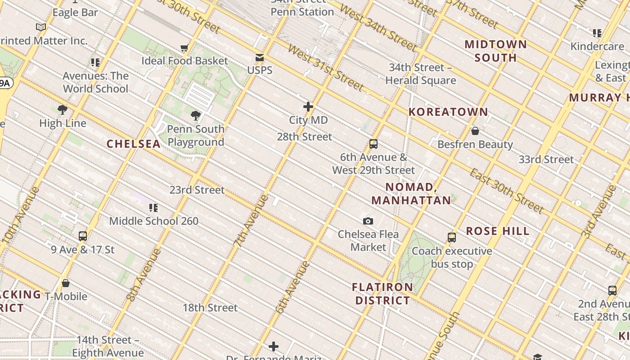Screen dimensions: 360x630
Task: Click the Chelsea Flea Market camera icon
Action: [x=368, y=221]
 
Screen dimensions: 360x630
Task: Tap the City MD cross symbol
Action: [x=308, y=107]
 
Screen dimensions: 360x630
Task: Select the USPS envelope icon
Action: [x=260, y=57]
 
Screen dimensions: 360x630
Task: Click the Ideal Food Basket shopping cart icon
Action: [x=184, y=48]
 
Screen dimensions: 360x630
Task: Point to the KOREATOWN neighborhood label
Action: [x=448, y=112]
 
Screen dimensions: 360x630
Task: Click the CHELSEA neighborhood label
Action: [x=134, y=144]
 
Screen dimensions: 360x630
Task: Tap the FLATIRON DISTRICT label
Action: [x=382, y=293]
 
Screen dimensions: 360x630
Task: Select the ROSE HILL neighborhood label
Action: [x=497, y=231]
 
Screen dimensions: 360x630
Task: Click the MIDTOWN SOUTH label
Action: [x=495, y=51]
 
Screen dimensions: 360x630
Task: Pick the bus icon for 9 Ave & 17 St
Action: [x=83, y=236]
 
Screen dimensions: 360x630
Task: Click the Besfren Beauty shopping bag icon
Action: [x=475, y=131]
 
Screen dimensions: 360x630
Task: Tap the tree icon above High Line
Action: [x=63, y=110]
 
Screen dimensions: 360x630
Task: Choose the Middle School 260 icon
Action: [x=153, y=208]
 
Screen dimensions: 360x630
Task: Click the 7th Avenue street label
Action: [x=251, y=220]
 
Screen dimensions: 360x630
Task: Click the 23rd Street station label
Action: [x=197, y=190]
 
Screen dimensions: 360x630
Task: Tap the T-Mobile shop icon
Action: [x=66, y=283]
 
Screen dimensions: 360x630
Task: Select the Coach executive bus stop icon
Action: [x=452, y=238]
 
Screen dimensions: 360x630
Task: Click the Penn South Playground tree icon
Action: [x=196, y=116]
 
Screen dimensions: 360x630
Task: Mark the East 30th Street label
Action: [x=507, y=190]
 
